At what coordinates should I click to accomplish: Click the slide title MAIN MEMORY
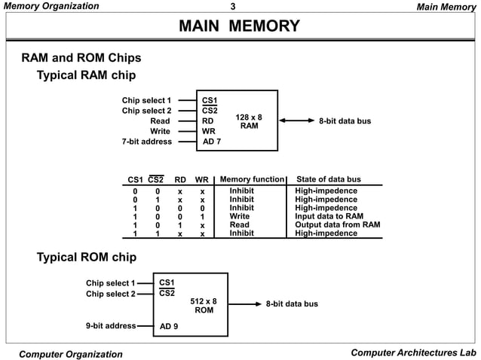click(240, 28)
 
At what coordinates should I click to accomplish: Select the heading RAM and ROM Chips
click(81, 58)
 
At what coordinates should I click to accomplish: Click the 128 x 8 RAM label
click(249, 121)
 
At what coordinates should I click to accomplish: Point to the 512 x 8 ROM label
click(204, 306)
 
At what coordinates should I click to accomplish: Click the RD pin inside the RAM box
click(208, 121)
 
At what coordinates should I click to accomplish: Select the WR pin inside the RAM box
click(209, 131)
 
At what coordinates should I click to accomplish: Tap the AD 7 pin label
click(212, 142)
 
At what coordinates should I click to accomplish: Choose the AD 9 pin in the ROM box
click(169, 327)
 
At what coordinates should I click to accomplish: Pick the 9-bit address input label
click(110, 326)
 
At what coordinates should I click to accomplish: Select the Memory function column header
click(252, 179)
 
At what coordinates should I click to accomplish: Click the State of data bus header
click(329, 179)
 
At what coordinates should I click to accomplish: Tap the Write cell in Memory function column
click(239, 216)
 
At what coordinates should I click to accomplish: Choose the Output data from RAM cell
click(337, 224)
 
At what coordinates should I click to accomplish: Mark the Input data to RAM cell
click(329, 216)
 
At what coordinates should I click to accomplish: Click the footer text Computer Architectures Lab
click(413, 353)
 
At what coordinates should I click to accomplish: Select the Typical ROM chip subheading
click(87, 258)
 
